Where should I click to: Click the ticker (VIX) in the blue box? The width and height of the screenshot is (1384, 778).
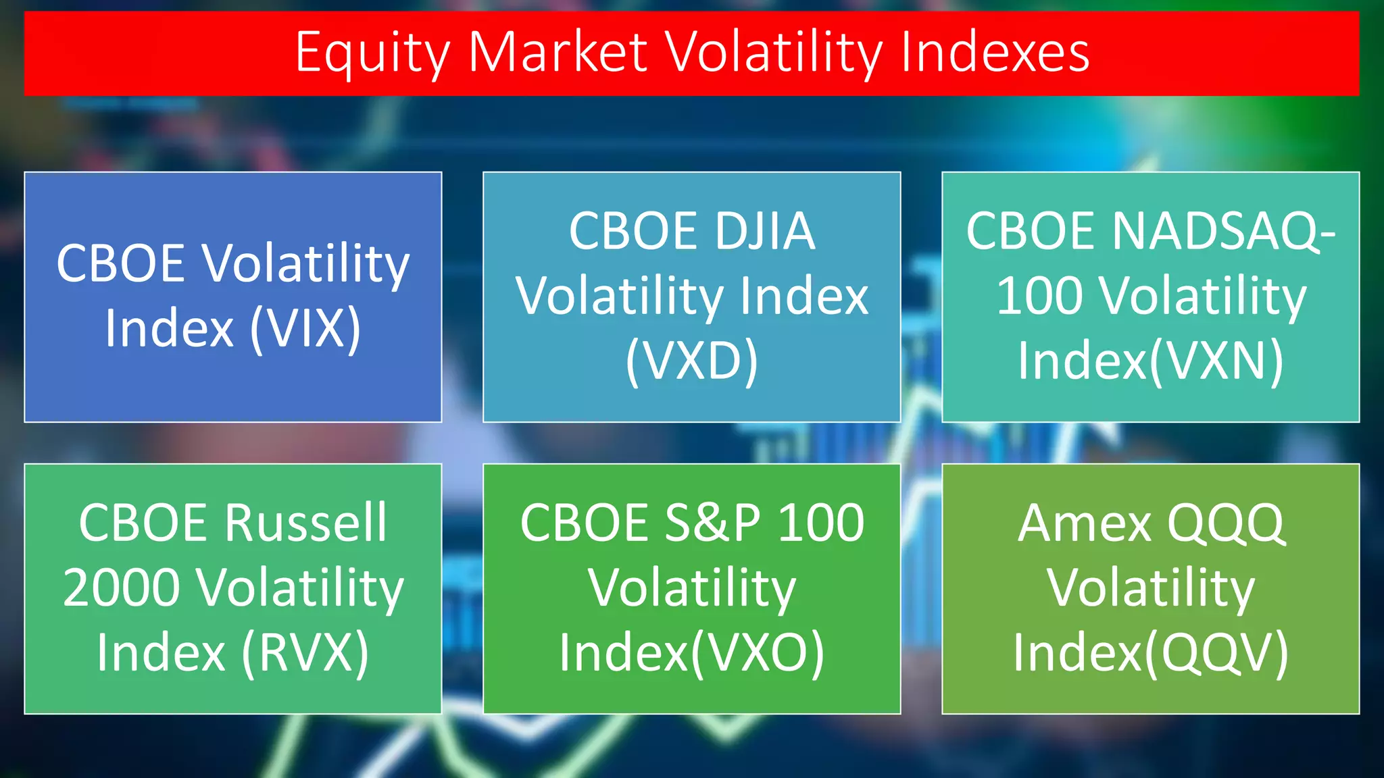(x=305, y=329)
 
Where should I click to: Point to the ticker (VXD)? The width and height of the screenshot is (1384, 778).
(x=691, y=361)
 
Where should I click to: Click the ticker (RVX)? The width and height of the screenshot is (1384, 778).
(x=305, y=653)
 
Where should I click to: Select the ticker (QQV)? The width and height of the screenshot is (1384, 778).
(x=1216, y=653)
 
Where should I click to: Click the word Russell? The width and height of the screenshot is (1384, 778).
(x=306, y=523)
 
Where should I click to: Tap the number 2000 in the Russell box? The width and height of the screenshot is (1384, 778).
(x=122, y=588)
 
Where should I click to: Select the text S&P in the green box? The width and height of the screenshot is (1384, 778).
(x=712, y=523)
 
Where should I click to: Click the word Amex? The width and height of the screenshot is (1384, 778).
(x=1084, y=523)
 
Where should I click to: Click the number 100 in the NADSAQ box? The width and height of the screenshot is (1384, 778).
(x=1039, y=296)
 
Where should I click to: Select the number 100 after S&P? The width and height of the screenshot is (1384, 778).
(x=820, y=523)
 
